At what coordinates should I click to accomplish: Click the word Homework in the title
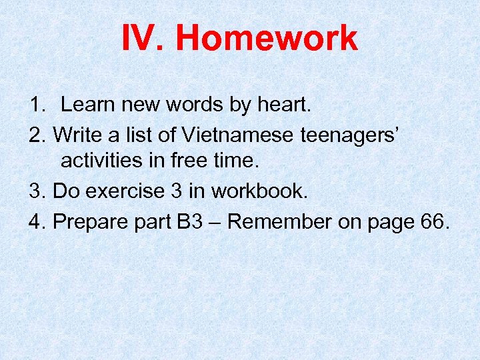(x=267, y=39)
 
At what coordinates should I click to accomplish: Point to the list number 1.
(x=36, y=105)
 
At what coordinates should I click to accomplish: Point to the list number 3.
(x=36, y=191)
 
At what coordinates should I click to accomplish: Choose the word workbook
(x=259, y=191)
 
